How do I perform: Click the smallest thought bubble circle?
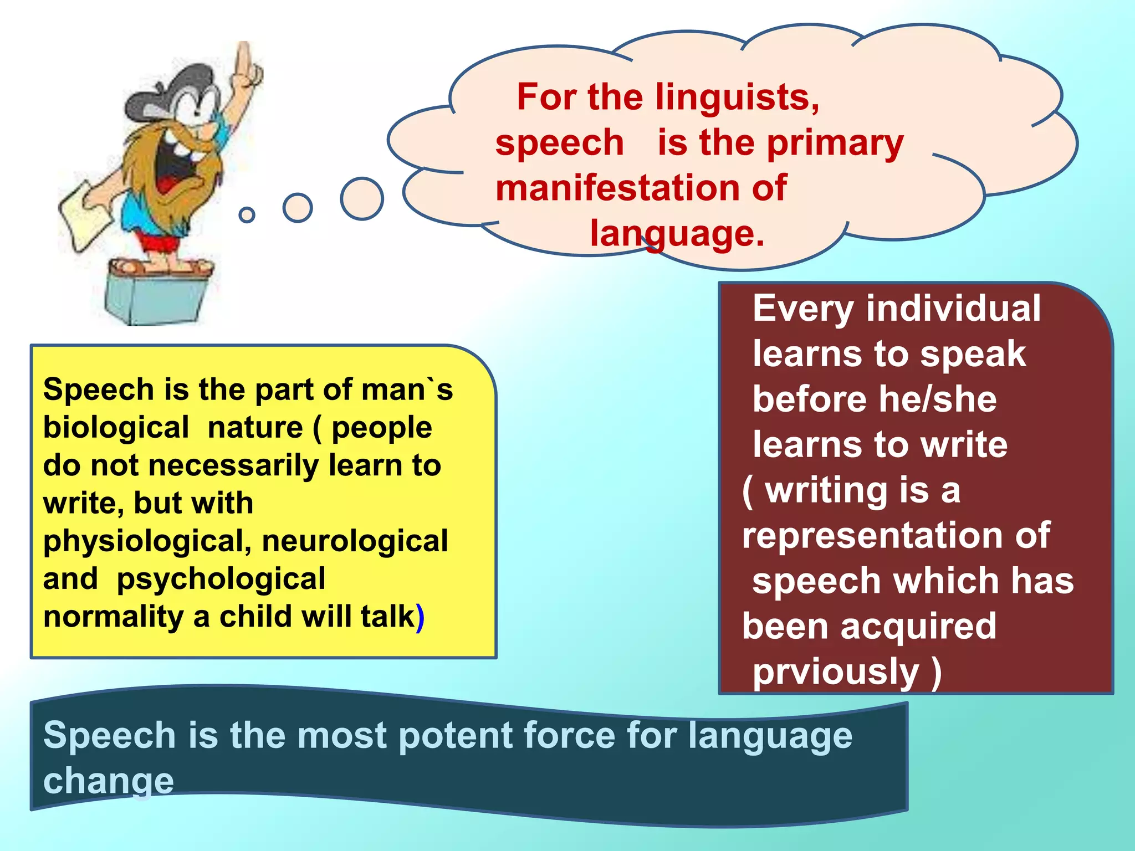coord(247,214)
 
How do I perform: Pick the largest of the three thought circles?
coord(362,198)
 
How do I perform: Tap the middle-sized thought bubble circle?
coord(298,208)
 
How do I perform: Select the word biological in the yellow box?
coord(116,428)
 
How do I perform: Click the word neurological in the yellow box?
coord(355,541)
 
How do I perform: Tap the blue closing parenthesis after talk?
coord(420,617)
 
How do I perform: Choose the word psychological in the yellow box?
coord(221,579)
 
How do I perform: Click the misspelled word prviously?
coord(835,672)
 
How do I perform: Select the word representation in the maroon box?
coord(871,536)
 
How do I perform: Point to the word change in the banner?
coord(109,781)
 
